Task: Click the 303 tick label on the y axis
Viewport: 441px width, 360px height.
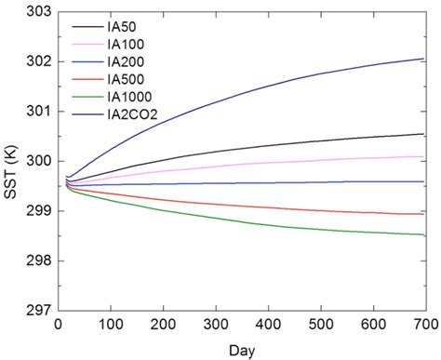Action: point(35,10)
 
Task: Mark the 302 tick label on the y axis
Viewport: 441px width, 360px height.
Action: point(35,60)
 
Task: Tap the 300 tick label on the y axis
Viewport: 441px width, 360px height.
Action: point(35,161)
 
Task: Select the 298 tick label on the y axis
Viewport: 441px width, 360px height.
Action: point(35,261)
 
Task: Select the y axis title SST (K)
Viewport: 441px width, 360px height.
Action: point(10,161)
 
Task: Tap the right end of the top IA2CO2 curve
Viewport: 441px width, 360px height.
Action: point(424,58)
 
